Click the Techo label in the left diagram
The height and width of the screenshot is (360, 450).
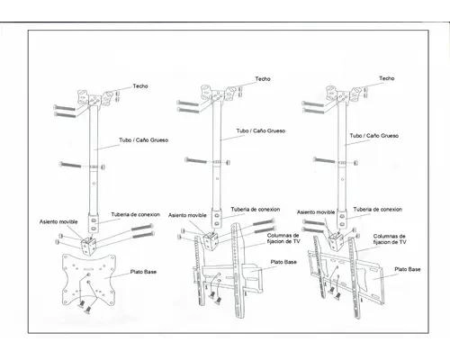(140, 86)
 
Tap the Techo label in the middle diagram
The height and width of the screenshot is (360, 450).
(263, 79)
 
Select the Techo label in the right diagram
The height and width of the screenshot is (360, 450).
(387, 78)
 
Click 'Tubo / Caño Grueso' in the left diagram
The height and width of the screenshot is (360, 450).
(143, 140)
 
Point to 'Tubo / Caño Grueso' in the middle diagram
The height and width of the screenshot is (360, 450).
(261, 130)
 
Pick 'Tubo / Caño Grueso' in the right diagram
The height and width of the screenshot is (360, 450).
(374, 136)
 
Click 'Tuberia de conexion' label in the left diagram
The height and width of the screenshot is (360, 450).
(135, 214)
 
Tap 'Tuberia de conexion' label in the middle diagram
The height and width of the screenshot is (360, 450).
(256, 210)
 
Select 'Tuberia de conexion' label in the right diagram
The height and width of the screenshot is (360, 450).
(378, 210)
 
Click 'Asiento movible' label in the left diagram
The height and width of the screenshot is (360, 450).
(58, 221)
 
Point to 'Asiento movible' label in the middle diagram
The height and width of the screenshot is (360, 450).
(187, 215)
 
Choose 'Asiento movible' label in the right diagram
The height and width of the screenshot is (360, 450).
(316, 212)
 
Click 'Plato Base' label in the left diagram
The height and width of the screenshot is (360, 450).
(143, 272)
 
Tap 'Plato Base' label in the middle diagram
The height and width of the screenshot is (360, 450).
(283, 262)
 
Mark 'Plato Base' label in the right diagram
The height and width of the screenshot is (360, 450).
(408, 269)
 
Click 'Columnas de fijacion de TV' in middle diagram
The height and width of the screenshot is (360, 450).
(283, 238)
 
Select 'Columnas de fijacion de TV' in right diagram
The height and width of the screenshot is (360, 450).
(390, 239)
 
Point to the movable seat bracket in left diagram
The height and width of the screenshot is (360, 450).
(88, 246)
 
